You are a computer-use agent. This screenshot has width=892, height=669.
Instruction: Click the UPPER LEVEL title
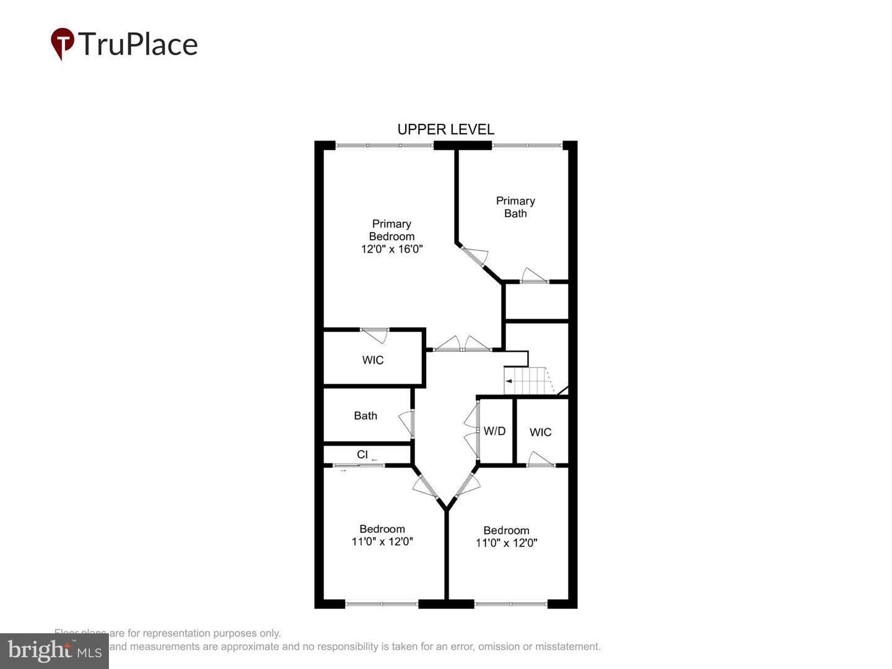click(x=445, y=129)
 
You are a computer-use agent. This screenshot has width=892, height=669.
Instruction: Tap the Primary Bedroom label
click(x=391, y=230)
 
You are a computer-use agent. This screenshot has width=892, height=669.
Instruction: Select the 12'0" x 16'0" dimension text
click(x=391, y=249)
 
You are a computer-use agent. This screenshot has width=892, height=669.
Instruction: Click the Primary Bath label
click(x=515, y=207)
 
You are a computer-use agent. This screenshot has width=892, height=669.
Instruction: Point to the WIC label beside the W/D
click(x=540, y=432)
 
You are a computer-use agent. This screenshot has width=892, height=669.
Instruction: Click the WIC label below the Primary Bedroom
click(x=373, y=360)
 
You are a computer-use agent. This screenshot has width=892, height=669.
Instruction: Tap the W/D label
click(x=494, y=431)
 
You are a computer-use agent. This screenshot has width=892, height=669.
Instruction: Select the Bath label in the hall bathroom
click(x=365, y=416)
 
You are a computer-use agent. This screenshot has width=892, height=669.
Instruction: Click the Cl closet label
click(x=362, y=455)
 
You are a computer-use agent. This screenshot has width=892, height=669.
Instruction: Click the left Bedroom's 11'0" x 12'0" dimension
click(x=382, y=541)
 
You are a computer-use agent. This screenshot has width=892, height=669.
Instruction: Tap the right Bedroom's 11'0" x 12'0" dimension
click(x=506, y=543)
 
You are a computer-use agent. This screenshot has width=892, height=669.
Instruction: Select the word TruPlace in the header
click(x=138, y=45)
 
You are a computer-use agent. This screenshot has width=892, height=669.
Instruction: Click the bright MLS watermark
click(x=55, y=650)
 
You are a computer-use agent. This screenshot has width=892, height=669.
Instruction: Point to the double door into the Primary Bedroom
click(x=462, y=344)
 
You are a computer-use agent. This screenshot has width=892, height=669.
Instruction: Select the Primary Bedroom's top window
click(x=384, y=146)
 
